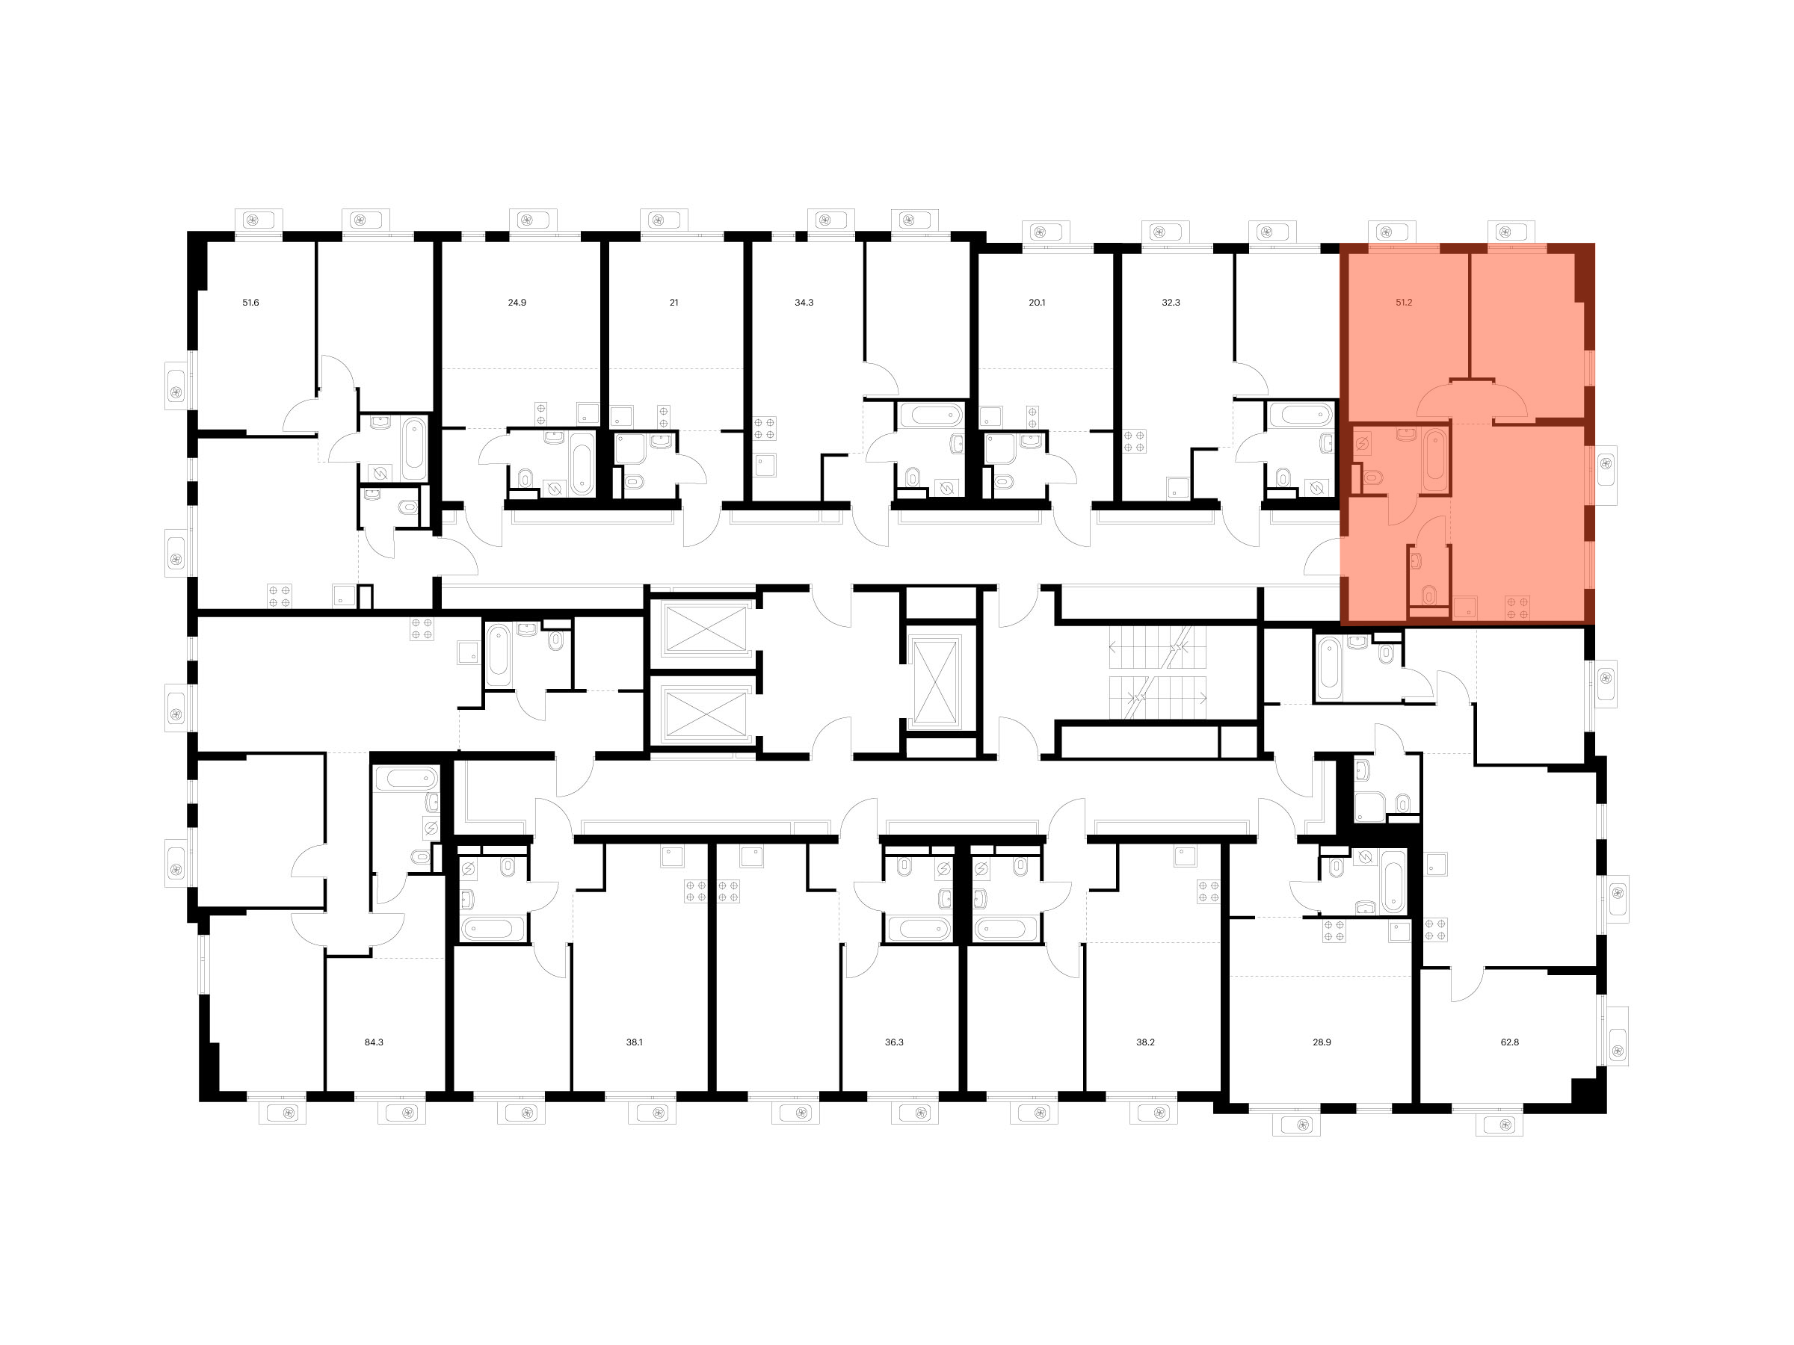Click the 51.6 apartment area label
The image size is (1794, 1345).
(250, 303)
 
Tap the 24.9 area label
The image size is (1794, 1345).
(517, 303)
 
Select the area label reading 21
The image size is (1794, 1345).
(674, 303)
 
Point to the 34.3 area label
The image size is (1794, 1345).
(804, 303)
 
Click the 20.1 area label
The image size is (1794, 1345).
(1037, 303)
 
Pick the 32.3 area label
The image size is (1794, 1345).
(1171, 303)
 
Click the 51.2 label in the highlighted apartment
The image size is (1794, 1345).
(1404, 303)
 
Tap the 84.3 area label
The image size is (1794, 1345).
(373, 1042)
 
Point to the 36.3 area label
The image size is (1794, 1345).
(894, 1042)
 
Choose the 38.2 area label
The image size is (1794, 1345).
(1145, 1042)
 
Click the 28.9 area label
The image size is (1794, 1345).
(1322, 1042)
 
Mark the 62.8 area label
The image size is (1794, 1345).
(1509, 1042)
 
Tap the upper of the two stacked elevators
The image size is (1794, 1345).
(706, 628)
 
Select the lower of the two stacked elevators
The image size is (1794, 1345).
(706, 714)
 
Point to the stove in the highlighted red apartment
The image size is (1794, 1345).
(1517, 607)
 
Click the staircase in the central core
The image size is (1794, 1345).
(1158, 672)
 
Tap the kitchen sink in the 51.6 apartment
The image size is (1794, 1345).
(344, 596)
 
